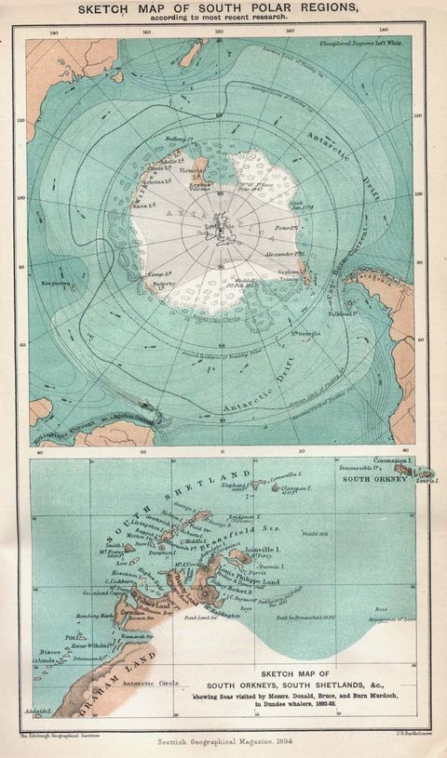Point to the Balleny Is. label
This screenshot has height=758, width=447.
click(x=178, y=140)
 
